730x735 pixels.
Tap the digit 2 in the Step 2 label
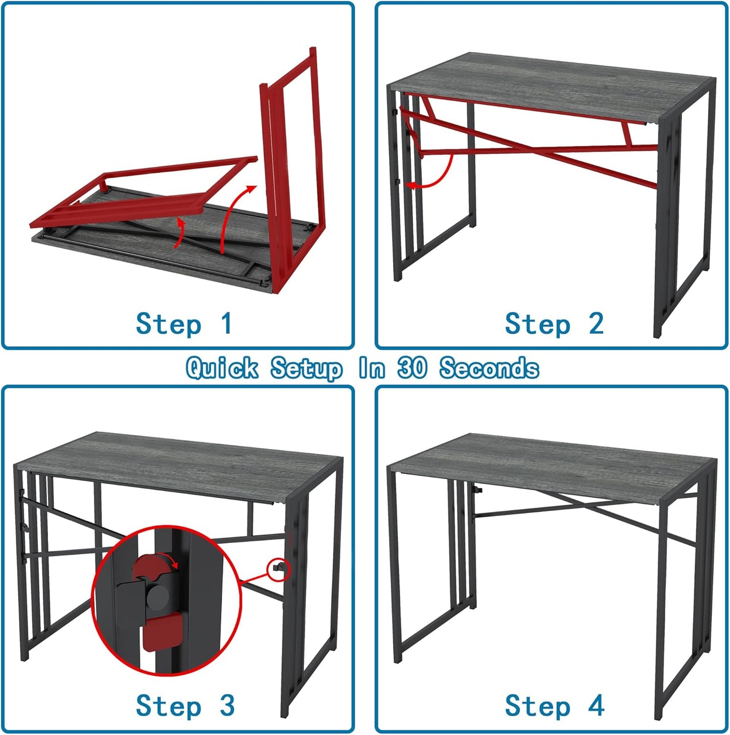596,324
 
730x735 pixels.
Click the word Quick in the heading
222,368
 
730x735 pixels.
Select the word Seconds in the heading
489,368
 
